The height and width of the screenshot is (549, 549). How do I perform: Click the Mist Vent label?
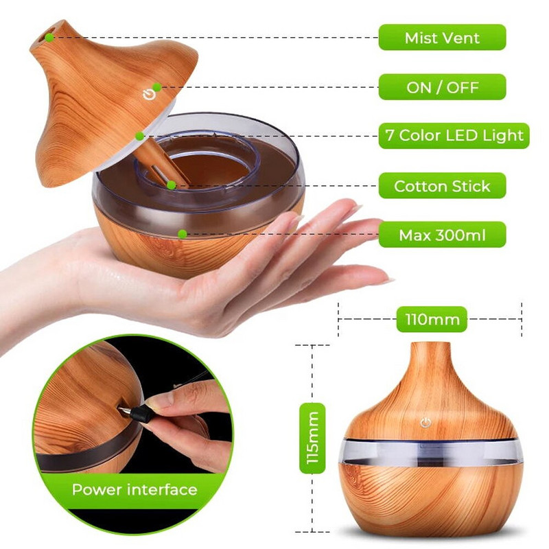(x=443, y=37)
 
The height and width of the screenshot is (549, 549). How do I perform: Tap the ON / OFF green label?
(x=443, y=87)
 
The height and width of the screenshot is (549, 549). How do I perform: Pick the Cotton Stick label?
(x=443, y=186)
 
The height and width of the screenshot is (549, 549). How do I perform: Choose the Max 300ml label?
(x=443, y=235)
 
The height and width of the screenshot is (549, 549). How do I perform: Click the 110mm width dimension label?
(x=432, y=319)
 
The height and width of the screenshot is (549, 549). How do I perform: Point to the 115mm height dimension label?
(x=313, y=438)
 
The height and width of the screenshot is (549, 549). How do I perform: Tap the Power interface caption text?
(x=135, y=489)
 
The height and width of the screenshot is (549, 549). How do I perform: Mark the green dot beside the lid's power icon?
(x=157, y=87)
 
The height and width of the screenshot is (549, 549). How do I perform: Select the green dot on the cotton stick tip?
(x=171, y=185)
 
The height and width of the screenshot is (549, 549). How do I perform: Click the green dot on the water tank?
(x=182, y=234)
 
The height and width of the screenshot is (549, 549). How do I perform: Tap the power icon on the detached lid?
(x=148, y=95)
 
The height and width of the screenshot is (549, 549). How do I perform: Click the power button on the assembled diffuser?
(x=426, y=423)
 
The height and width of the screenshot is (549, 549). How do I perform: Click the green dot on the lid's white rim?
(x=140, y=136)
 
